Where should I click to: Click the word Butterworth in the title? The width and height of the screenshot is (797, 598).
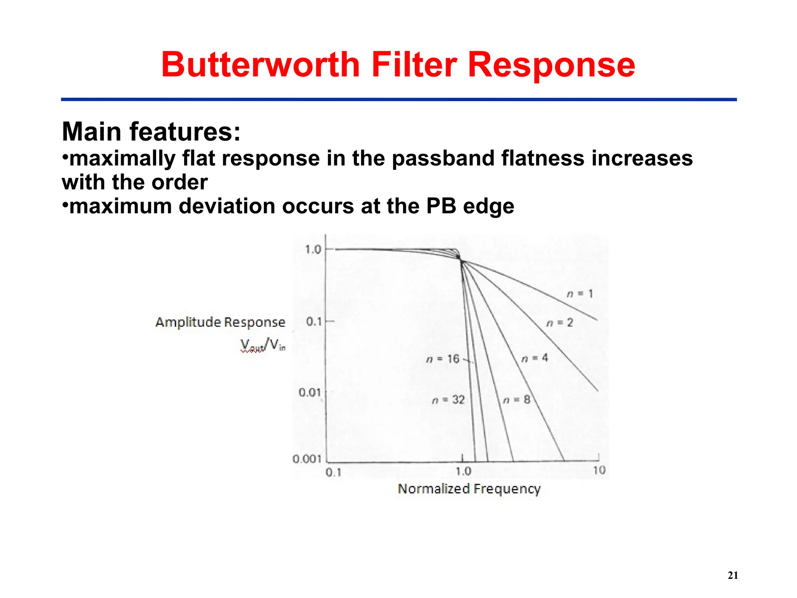tap(260, 65)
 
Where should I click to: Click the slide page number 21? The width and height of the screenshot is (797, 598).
tap(733, 575)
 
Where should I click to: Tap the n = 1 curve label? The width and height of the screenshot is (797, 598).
tap(579, 294)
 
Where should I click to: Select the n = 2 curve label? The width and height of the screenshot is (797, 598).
tap(560, 323)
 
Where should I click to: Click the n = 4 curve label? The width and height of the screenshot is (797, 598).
tap(534, 358)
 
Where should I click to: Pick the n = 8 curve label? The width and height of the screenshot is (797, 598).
tap(516, 400)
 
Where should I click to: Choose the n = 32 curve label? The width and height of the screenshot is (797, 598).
tap(448, 400)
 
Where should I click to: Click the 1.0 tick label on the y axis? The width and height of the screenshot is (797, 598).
tap(313, 249)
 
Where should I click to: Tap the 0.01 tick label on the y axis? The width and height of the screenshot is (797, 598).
tap(310, 392)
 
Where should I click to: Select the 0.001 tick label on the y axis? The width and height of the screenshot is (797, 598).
tap(307, 459)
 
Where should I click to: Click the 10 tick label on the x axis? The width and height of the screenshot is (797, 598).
tap(599, 470)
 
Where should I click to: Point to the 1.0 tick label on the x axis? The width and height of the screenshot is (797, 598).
tap(463, 471)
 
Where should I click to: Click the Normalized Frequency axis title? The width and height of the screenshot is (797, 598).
tap(469, 489)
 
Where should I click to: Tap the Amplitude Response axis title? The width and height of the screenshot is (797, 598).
tap(220, 322)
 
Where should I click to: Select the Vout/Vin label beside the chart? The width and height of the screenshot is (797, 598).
tap(263, 345)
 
